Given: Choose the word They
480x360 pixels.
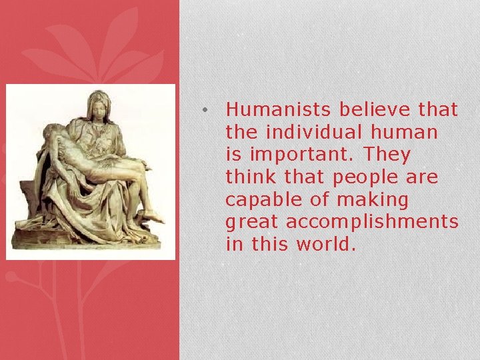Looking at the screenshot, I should (x=387, y=154).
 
